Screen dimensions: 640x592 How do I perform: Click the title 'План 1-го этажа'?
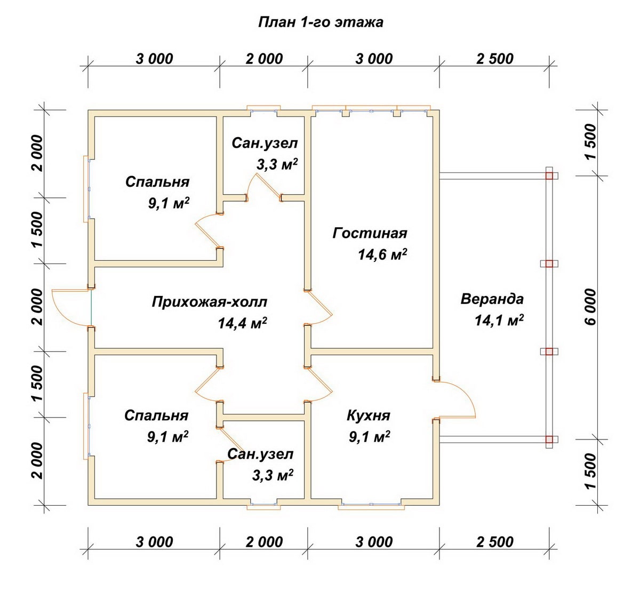321,22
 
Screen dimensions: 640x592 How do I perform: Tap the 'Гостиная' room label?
370,233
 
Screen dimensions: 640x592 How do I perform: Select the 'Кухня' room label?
369,415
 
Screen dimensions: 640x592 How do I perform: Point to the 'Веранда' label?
492,299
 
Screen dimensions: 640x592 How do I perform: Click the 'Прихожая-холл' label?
210,302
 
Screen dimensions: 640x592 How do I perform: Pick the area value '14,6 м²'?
382,255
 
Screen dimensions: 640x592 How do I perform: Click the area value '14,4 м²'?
242,323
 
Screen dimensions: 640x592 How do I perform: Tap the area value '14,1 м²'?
499,321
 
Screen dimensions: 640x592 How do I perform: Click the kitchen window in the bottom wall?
371,505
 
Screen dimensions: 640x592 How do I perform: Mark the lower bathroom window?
263,505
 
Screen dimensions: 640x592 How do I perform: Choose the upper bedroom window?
86,188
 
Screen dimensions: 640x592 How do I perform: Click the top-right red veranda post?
549,175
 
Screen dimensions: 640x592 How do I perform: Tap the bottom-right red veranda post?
549,439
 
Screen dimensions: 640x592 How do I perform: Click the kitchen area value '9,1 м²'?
370,437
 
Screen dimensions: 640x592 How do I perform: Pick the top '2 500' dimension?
494,59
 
